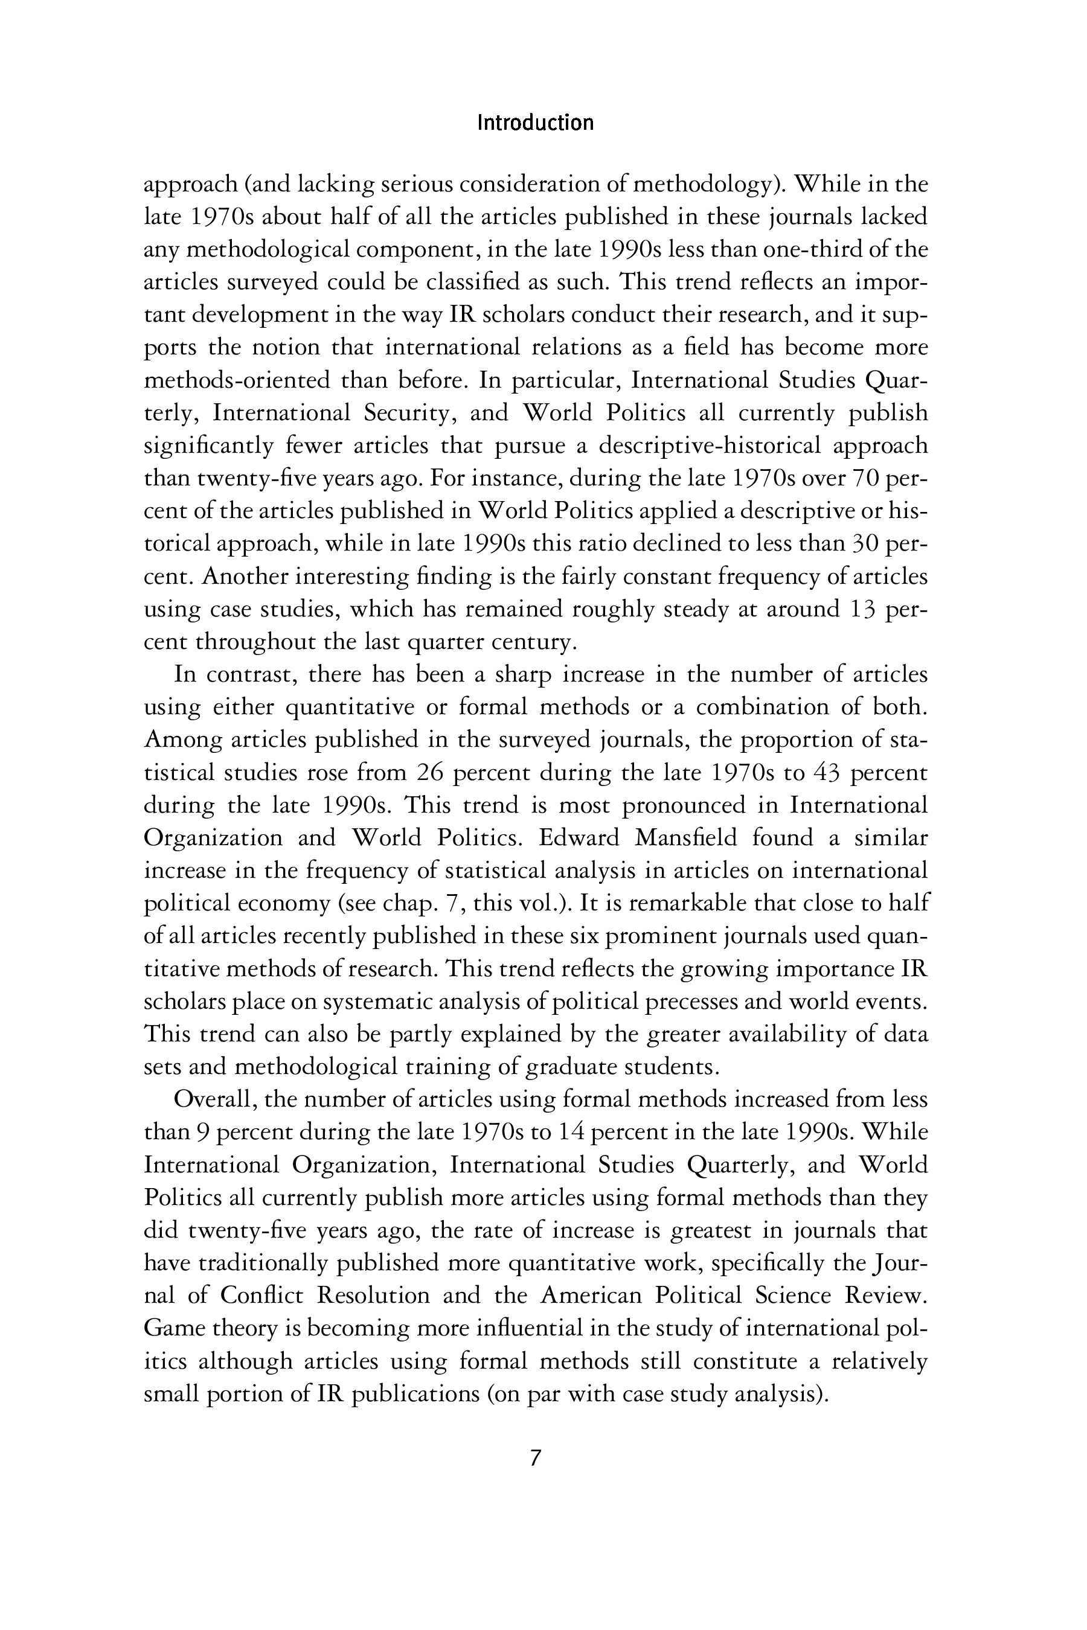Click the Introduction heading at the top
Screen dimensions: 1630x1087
point(535,123)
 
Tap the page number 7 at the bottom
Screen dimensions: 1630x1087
point(534,1458)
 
